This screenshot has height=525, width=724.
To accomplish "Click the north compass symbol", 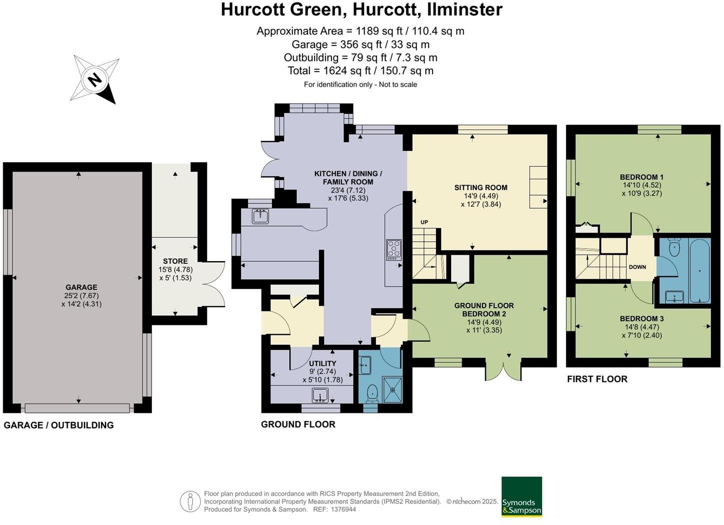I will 95,79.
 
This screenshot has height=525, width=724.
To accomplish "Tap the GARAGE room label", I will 81,287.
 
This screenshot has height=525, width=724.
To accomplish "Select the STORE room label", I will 175,261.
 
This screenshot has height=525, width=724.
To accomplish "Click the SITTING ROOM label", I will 480,188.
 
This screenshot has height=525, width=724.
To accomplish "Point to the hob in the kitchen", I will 394,250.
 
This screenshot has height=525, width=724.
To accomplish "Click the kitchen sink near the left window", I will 260,216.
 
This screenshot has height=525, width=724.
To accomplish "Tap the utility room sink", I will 320,395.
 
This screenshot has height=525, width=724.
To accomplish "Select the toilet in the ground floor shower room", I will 372,393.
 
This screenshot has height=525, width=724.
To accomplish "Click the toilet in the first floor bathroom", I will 674,248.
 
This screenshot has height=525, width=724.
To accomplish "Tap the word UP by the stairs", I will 424,222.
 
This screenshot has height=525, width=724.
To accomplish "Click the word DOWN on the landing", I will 637,267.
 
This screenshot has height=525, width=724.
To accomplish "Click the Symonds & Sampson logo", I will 521,496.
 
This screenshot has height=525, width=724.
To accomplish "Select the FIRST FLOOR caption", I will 597,379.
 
